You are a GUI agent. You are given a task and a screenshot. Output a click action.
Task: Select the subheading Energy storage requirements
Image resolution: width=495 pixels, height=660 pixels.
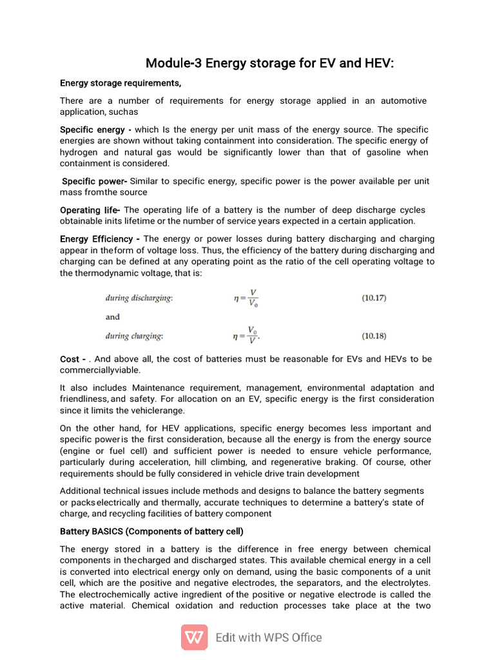coord(121,83)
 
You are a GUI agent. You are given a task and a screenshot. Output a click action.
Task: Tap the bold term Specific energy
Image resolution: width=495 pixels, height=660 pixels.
coord(92,130)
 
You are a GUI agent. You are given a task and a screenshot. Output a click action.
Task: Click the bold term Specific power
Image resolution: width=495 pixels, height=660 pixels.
coord(94,181)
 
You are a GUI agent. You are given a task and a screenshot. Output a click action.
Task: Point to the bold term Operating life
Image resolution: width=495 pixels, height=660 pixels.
coord(90,210)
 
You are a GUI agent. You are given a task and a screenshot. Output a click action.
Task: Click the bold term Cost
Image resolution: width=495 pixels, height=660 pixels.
coord(70,359)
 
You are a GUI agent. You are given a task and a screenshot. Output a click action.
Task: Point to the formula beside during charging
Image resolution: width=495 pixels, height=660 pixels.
coord(249,336)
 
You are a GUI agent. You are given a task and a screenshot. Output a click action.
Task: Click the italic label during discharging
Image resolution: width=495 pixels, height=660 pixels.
coord(139,298)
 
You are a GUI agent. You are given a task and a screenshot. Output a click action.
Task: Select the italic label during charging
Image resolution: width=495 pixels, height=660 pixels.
coord(134,336)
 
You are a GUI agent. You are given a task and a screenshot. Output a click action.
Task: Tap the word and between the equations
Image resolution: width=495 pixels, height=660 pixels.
coord(113,317)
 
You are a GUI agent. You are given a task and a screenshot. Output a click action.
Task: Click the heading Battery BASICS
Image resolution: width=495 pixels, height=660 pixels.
coord(151,532)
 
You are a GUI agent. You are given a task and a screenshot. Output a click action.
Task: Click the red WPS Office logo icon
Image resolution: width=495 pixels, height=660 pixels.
coord(194,637)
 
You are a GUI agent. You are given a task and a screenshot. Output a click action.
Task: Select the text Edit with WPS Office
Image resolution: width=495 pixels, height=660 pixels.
coord(269,637)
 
